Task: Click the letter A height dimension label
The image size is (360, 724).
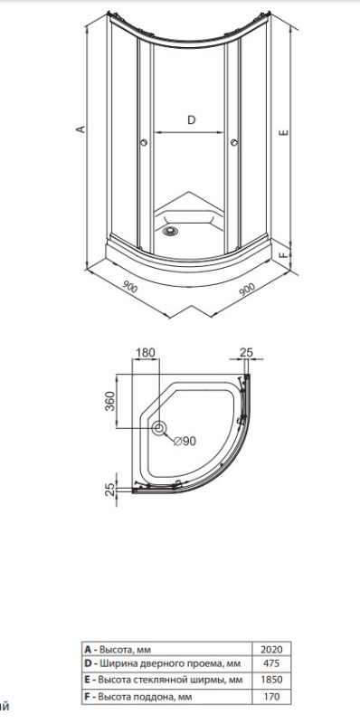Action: [81, 129]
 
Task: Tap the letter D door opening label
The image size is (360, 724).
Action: [191, 120]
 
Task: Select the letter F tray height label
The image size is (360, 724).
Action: [285, 253]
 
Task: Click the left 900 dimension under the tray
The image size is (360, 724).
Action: [130, 287]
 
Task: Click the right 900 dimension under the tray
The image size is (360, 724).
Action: [247, 290]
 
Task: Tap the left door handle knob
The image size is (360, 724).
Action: [144, 143]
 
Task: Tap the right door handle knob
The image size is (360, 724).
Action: [234, 143]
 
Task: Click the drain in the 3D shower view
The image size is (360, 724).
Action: [170, 231]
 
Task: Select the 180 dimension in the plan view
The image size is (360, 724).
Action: [145, 352]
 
